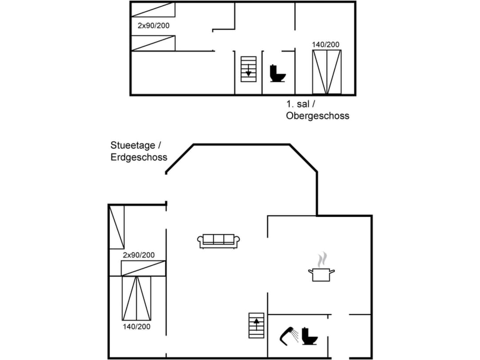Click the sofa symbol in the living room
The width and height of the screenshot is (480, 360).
click(218, 240)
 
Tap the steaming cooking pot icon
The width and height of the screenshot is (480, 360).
click(321, 273)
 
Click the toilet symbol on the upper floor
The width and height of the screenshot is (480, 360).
click(278, 73)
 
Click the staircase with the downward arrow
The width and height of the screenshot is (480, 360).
click(248, 69)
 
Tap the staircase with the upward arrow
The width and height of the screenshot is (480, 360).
click(256, 325)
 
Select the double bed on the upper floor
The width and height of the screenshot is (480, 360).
click(327, 72)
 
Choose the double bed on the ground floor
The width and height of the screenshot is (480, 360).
click(136, 298)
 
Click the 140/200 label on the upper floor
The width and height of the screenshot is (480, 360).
click(326, 44)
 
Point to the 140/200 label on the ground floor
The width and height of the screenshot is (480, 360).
click(136, 327)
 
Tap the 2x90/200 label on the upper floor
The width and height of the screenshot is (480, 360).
click(153, 26)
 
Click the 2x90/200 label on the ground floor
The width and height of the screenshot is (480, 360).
click(139, 255)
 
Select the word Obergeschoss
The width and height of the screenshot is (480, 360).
click(317, 116)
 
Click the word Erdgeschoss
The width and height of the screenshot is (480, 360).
click(139, 157)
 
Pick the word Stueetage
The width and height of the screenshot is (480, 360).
click(133, 145)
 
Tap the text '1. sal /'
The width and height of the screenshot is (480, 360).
click(301, 104)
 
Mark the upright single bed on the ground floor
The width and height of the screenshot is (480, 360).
click(117, 227)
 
